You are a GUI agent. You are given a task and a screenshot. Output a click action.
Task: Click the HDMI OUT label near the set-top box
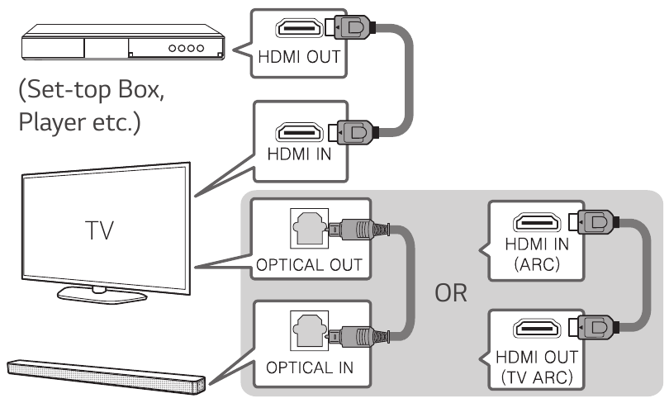coord(299,57)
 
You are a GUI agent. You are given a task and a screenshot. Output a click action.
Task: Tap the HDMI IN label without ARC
coord(299,154)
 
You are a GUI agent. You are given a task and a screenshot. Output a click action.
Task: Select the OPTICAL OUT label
coord(310,265)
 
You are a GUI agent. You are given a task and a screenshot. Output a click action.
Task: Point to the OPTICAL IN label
coord(310,367)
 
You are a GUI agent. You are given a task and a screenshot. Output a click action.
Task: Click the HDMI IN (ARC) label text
coord(537,254)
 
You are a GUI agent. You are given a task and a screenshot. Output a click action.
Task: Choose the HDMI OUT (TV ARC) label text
coord(537,367)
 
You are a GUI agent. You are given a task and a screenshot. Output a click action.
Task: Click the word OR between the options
coord(451,293)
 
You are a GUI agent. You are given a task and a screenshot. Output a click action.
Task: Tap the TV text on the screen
coord(99,230)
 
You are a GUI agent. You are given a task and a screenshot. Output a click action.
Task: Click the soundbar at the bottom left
coord(107,376)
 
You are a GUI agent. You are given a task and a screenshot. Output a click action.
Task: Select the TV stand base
coord(102,294)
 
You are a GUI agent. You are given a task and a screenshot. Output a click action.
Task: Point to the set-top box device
coord(123,42)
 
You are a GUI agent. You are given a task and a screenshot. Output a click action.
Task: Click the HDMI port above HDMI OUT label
coord(300,28)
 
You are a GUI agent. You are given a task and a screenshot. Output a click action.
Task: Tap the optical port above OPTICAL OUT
coord(310,228)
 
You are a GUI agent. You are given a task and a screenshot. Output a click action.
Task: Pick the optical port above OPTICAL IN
coord(310,330)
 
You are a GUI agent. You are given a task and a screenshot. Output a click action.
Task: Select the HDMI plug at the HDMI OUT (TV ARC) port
coord(592,327)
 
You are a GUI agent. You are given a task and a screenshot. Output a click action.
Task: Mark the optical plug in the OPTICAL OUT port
coord(358,230)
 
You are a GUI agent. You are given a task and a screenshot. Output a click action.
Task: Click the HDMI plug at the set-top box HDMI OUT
coord(350,28)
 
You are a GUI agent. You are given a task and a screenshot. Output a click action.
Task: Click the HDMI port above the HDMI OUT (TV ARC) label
coord(537,328)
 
